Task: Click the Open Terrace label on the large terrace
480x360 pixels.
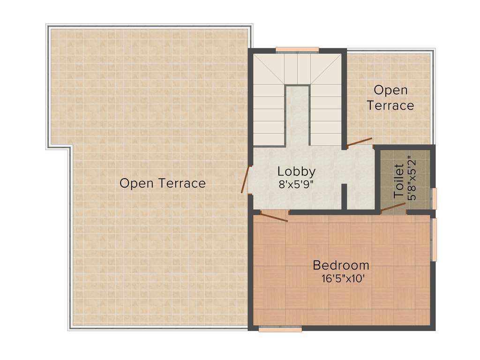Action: coord(162,183)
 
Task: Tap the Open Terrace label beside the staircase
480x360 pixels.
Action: coord(390,97)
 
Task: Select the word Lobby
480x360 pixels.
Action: coord(296,171)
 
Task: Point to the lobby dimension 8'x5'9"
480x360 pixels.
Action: coord(296,184)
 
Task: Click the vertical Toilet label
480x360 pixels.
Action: coord(399,181)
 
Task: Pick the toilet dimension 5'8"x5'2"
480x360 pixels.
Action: coord(412,181)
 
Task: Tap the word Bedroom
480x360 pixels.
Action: coord(341,265)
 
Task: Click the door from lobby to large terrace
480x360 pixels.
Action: coord(245,179)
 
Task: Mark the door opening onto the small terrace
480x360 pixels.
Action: coord(360,142)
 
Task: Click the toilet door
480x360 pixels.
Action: coord(393,209)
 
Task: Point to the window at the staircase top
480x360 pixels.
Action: coord(297,49)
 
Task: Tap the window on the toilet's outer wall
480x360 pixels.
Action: coord(434,198)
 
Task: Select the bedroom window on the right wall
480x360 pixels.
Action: coord(434,239)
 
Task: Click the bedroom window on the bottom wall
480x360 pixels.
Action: coord(280,330)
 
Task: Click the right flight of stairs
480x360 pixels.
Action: coord(326,115)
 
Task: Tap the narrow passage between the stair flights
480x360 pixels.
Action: coord(297,115)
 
